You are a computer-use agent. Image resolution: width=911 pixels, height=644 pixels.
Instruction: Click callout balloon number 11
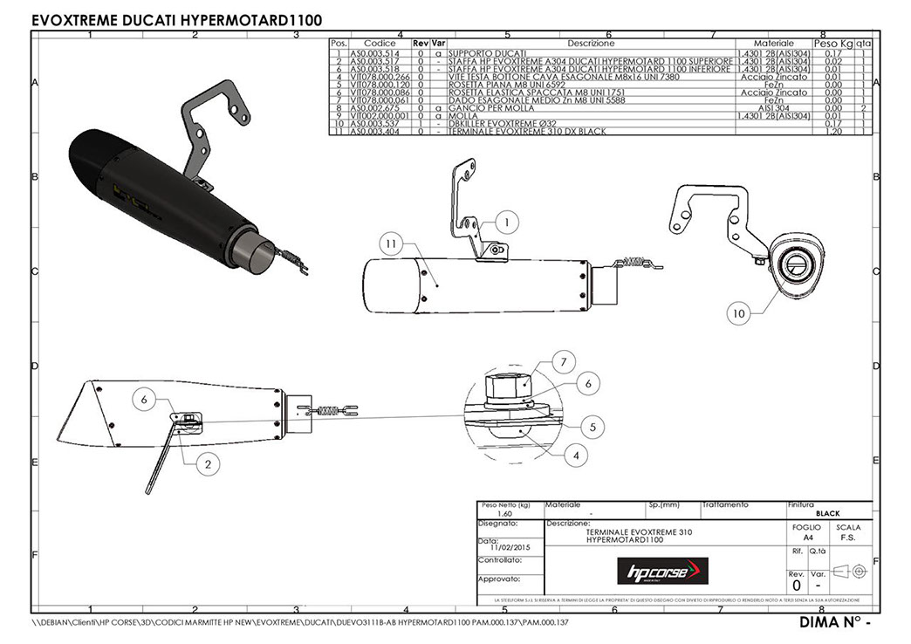coord(391,242)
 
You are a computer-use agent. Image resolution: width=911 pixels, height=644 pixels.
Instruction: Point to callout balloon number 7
coord(564,361)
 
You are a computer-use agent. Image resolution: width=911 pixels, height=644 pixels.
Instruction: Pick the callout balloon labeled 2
coord(207,465)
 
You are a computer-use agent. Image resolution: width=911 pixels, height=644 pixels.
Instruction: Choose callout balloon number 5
coord(592,427)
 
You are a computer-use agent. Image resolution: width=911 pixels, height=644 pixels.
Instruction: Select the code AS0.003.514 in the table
coord(373,53)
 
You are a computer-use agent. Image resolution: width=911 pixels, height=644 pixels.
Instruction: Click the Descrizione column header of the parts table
coord(591,43)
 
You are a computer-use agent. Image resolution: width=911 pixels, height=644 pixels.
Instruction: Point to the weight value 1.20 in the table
coord(832,131)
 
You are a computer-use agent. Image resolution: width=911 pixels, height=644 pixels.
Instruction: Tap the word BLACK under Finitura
coord(826,514)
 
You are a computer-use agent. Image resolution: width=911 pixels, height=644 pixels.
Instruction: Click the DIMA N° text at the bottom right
coord(835,624)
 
